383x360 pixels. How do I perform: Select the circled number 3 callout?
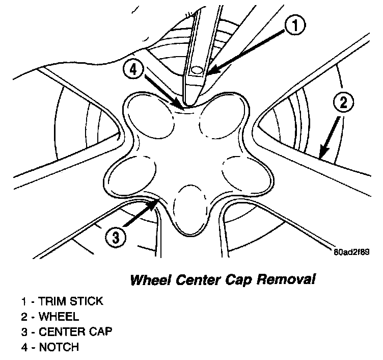[x=116, y=237]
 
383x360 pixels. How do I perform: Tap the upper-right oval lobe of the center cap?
[x=220, y=117]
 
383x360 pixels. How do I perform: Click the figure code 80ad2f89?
[x=351, y=251]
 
